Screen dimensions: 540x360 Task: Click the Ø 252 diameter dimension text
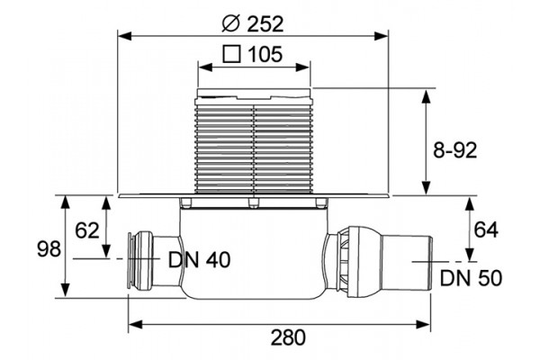(x=253, y=24)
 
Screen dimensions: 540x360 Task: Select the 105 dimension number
(x=265, y=54)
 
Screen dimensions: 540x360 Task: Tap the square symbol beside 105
(x=231, y=54)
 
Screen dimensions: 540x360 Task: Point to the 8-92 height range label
(x=454, y=150)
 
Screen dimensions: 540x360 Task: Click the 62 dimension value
(x=87, y=230)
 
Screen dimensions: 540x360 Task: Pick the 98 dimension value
(x=49, y=248)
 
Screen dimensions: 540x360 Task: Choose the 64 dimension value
(x=486, y=229)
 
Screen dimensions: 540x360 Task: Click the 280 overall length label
(x=288, y=337)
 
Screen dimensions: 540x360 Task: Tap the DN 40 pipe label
(x=200, y=260)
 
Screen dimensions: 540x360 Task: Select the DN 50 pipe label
(x=471, y=278)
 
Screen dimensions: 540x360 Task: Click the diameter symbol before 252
(x=231, y=24)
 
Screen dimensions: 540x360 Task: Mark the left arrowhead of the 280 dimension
(x=136, y=324)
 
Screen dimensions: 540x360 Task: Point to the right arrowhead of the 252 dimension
(x=382, y=35)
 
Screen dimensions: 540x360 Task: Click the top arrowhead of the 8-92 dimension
(x=427, y=96)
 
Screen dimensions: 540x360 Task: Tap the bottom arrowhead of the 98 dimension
(x=66, y=290)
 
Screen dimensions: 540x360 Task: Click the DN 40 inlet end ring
(x=130, y=259)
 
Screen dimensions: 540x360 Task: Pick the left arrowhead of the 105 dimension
(x=206, y=67)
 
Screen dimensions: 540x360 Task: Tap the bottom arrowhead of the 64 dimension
(x=469, y=254)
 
